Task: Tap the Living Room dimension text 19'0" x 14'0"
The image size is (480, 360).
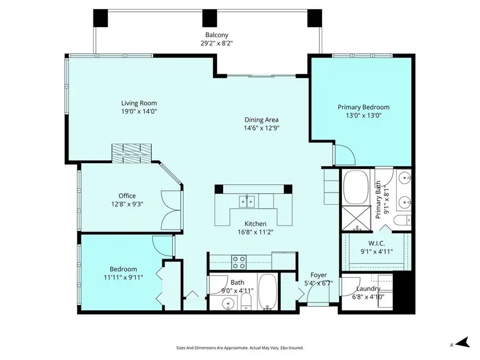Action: tap(139, 111)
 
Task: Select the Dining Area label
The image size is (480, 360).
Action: tap(261, 119)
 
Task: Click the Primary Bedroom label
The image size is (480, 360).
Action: tap(359, 107)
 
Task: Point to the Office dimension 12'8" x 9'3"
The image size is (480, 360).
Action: tap(127, 204)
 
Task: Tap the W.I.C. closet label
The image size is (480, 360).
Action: tap(377, 244)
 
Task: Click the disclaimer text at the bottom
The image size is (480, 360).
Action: tap(239, 347)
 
